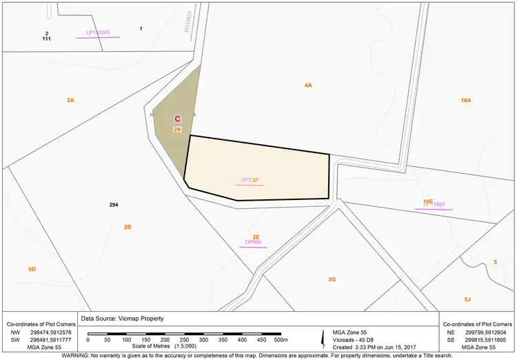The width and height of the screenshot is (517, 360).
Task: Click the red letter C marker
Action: coord(177,119)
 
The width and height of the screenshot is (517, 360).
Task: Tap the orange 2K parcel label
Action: coord(177,130)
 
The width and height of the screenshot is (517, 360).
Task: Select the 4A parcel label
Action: coord(308,86)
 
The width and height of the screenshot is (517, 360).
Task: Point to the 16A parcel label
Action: coord(466,101)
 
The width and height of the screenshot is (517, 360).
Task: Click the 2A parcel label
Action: coord(70,101)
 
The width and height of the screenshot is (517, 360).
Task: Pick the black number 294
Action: coord(114,206)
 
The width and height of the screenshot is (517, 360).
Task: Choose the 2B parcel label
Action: coord(128,227)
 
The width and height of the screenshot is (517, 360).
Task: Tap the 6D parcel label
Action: coord(32,269)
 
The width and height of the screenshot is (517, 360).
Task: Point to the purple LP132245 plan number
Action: coord(98,32)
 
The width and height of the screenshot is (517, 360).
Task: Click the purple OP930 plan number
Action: coord(253,243)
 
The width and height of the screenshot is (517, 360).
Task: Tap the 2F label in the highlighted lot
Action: coord(255,180)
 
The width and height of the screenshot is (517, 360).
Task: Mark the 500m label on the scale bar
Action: coord(281,340)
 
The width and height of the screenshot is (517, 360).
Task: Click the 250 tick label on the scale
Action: coord(184,340)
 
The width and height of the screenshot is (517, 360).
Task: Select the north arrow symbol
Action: coord(324,337)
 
